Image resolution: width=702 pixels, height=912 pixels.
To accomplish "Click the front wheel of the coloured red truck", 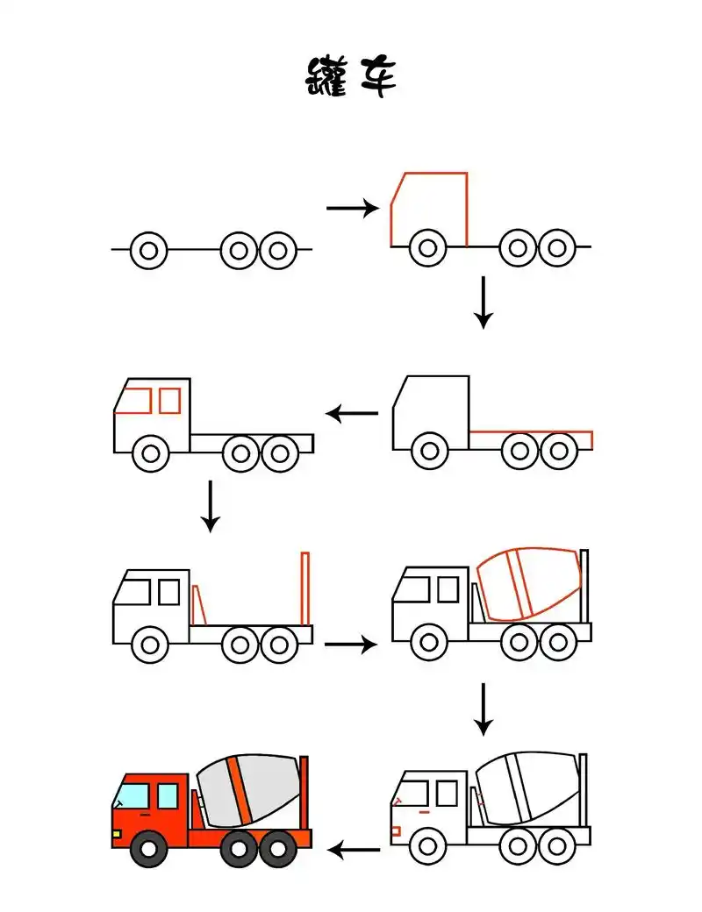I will pyautogui.click(x=150, y=848).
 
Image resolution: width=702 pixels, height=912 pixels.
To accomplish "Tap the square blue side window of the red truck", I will pyautogui.click(x=168, y=796).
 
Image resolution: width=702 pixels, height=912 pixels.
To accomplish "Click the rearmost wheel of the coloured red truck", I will pyautogui.click(x=278, y=848).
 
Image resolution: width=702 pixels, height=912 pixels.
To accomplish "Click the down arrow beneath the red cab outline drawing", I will pyautogui.click(x=482, y=303).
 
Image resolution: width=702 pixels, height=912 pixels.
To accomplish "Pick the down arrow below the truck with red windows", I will pyautogui.click(x=209, y=506).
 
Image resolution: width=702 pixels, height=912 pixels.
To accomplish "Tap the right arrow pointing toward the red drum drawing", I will pyautogui.click(x=350, y=645).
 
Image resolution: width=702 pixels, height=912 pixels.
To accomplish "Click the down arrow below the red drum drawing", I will pyautogui.click(x=482, y=709).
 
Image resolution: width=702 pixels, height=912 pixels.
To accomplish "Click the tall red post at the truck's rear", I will pyautogui.click(x=305, y=588).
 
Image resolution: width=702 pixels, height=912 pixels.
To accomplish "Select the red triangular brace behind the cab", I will pyautogui.click(x=198, y=605).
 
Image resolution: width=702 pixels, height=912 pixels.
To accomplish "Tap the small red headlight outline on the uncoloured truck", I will pyautogui.click(x=395, y=830).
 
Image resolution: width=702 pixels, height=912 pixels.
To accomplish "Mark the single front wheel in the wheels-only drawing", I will pyautogui.click(x=149, y=251).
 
